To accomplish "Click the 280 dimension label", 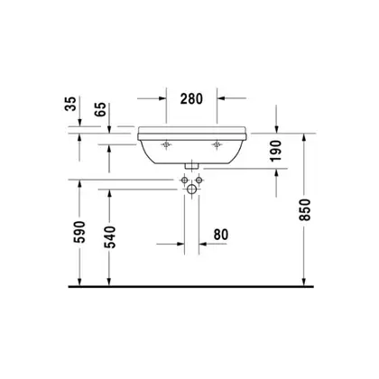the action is [191, 98].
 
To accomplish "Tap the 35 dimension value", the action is [71, 104].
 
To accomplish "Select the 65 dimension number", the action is [100, 109].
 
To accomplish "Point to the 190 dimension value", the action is [275, 151].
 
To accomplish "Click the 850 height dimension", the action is [305, 210].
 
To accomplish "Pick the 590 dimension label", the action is [80, 232].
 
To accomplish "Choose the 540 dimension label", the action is [110, 237].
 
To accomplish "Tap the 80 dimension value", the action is [221, 235].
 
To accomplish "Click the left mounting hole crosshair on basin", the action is [166, 145].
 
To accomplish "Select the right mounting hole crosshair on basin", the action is [217, 145].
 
